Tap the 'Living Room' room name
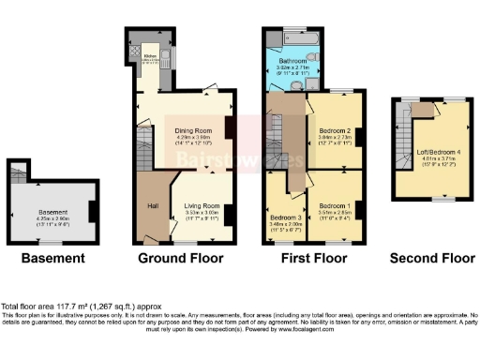202,205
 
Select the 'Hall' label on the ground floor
150,205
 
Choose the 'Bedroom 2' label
335,129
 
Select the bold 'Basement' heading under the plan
53,258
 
